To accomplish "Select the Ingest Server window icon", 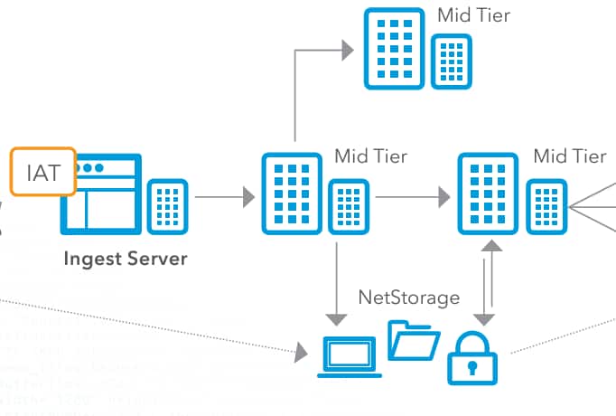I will click(x=102, y=195).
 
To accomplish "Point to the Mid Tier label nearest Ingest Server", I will click(x=370, y=156).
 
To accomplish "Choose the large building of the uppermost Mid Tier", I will click(x=394, y=49).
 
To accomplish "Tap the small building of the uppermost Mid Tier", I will click(x=451, y=62).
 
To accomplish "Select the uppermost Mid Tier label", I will click(x=473, y=15).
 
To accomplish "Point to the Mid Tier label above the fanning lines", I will click(x=569, y=156).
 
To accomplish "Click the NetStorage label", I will click(x=408, y=297).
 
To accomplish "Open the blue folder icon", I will click(x=413, y=341).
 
